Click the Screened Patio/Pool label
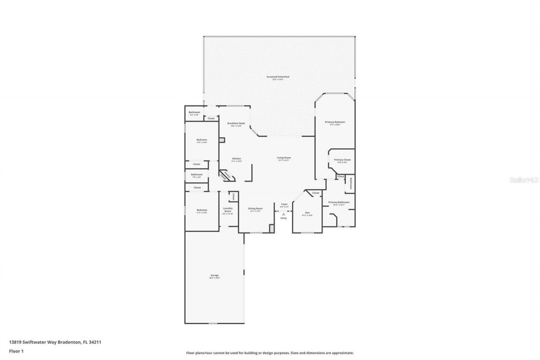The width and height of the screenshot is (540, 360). click(278, 77)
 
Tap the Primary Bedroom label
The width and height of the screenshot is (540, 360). click(335, 122)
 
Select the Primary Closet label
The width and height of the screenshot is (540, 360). click(342, 160)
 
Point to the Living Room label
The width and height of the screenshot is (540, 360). click(283, 158)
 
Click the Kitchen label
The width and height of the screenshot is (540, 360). click(236, 159)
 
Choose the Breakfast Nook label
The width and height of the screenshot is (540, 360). click(236, 123)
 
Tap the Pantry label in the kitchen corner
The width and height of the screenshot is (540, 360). click(227, 173)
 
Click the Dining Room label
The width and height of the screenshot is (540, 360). click(255, 208)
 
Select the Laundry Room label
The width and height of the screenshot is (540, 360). click(228, 210)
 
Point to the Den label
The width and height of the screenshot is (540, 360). click(308, 212)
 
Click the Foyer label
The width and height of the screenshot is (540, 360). click(284, 204)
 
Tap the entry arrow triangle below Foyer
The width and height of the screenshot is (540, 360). click(283, 214)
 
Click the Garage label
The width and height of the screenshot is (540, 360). click(215, 275)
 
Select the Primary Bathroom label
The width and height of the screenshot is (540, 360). click(339, 202)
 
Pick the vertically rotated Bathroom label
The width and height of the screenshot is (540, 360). click(350, 184)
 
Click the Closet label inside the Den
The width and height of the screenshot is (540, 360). click(316, 193)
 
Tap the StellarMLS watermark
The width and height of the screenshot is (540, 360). click(524, 180)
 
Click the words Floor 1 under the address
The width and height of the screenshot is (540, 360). click(16, 351)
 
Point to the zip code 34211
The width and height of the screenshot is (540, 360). click(95, 342)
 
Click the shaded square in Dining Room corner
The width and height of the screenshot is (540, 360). click(272, 228)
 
